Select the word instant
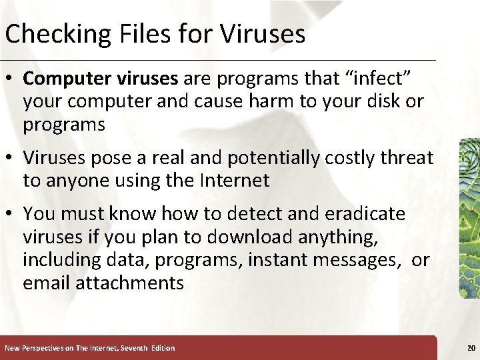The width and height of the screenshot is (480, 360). [x=281, y=259]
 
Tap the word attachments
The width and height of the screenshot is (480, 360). [x=129, y=283]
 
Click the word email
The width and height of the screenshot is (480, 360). [x=47, y=283]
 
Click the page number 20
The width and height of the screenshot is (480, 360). [x=471, y=348]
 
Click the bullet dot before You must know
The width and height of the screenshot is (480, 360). [x=12, y=215]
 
